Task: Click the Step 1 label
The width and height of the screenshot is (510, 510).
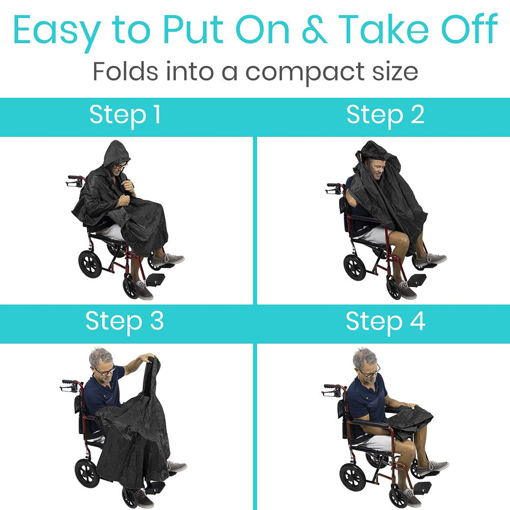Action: pyautogui.click(x=125, y=115)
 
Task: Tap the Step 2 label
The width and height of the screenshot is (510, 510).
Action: pyautogui.click(x=386, y=115)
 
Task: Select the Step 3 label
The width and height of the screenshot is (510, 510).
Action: pyautogui.click(x=124, y=322)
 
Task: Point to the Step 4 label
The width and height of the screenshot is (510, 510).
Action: pyautogui.click(x=386, y=322)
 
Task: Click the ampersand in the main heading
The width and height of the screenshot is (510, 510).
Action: pyautogui.click(x=315, y=30)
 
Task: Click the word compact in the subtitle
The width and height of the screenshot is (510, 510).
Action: pyautogui.click(x=305, y=73)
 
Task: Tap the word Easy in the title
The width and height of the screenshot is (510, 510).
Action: pyautogui.click(x=57, y=32)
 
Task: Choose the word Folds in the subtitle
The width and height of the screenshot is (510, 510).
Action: pyautogui.click(x=125, y=71)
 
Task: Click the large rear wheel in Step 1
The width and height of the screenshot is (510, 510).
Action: pyautogui.click(x=90, y=264)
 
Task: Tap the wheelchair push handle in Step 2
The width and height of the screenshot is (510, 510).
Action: pyautogui.click(x=334, y=188)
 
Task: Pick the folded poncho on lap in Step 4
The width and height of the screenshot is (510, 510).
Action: pyautogui.click(x=409, y=419)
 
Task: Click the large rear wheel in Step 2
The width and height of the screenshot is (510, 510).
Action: pyautogui.click(x=355, y=267)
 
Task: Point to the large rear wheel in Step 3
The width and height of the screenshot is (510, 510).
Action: pyautogui.click(x=87, y=473)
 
